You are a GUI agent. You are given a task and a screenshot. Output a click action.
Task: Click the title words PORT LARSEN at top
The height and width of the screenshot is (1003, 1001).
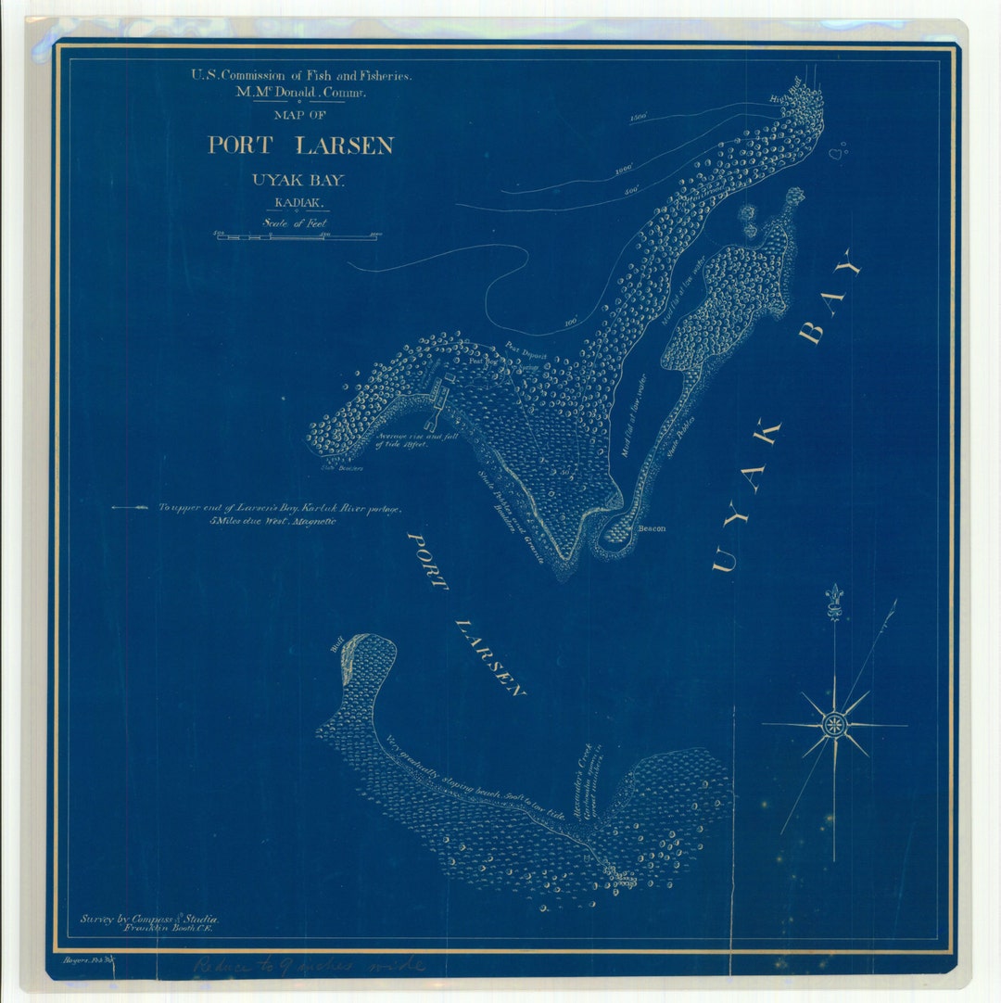tap(300, 146)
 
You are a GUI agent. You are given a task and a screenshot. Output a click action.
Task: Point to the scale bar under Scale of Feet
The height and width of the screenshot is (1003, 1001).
tap(297, 236)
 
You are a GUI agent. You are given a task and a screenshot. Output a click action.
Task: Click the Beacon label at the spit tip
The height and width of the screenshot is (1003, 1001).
tap(651, 528)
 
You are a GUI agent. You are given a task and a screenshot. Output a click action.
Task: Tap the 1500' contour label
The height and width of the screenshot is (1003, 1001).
tap(637, 119)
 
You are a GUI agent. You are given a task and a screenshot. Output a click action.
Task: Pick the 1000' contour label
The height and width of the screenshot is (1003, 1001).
tap(623, 170)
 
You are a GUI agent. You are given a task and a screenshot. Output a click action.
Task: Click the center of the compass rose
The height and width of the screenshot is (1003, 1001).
tap(835, 724)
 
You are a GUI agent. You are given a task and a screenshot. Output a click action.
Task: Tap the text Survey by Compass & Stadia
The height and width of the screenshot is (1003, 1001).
tap(148, 917)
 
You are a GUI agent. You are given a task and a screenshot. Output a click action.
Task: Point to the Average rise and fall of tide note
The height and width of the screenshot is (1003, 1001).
tap(418, 439)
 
